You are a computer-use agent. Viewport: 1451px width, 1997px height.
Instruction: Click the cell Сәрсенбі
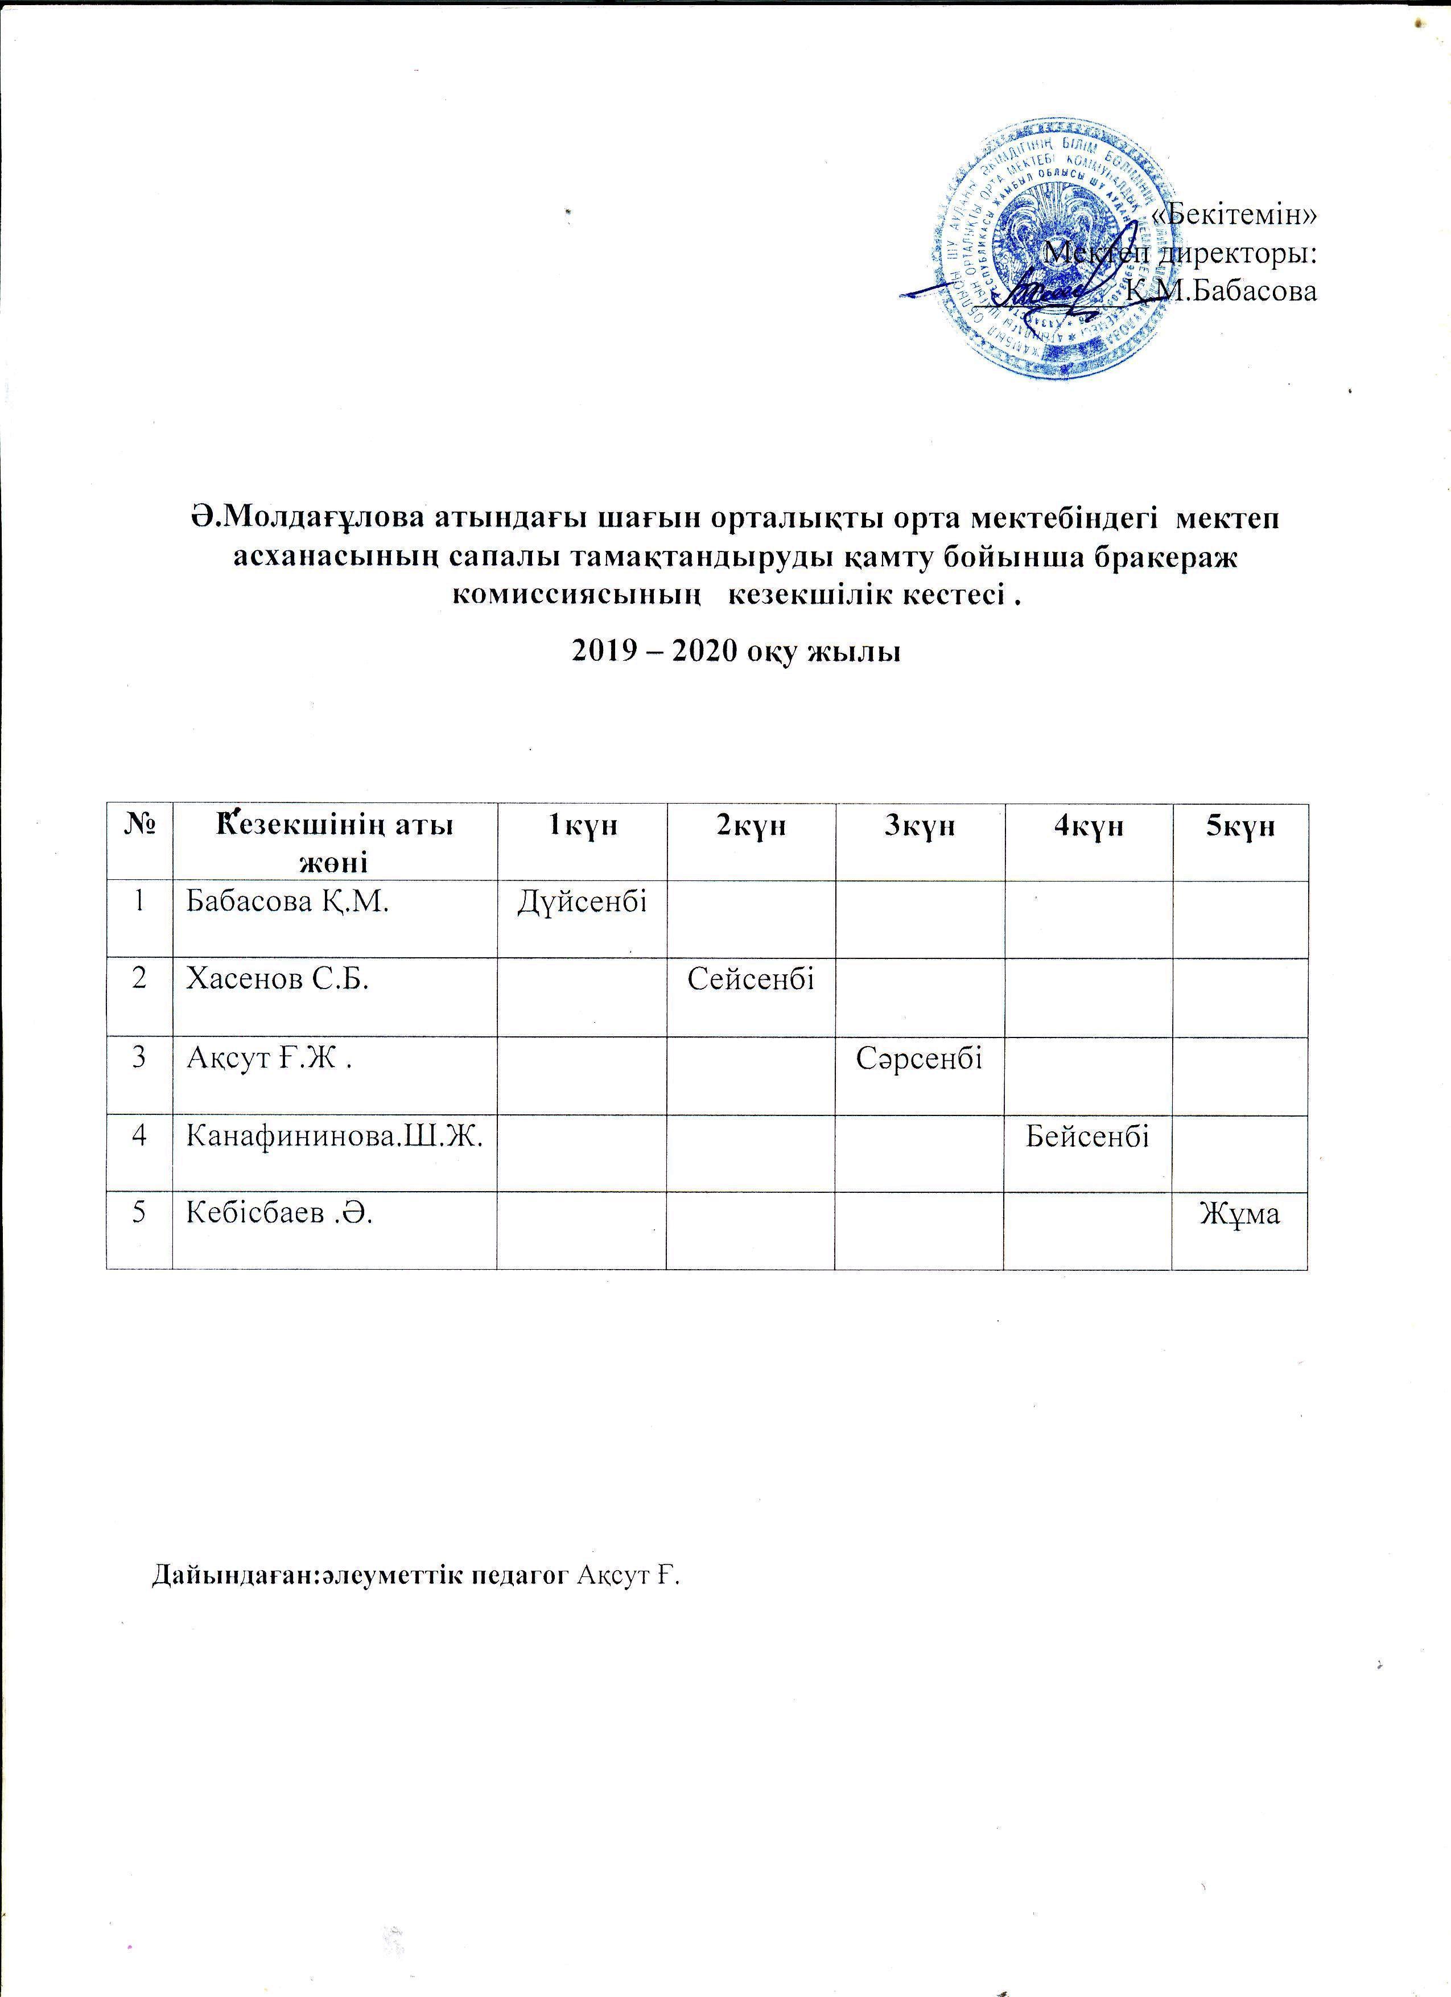point(919,1056)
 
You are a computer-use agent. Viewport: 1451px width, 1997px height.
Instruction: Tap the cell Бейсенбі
point(1088,1136)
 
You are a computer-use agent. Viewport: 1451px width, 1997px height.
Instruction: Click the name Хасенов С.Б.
point(277,979)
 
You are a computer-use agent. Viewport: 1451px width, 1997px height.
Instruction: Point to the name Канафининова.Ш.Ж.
point(335,1136)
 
